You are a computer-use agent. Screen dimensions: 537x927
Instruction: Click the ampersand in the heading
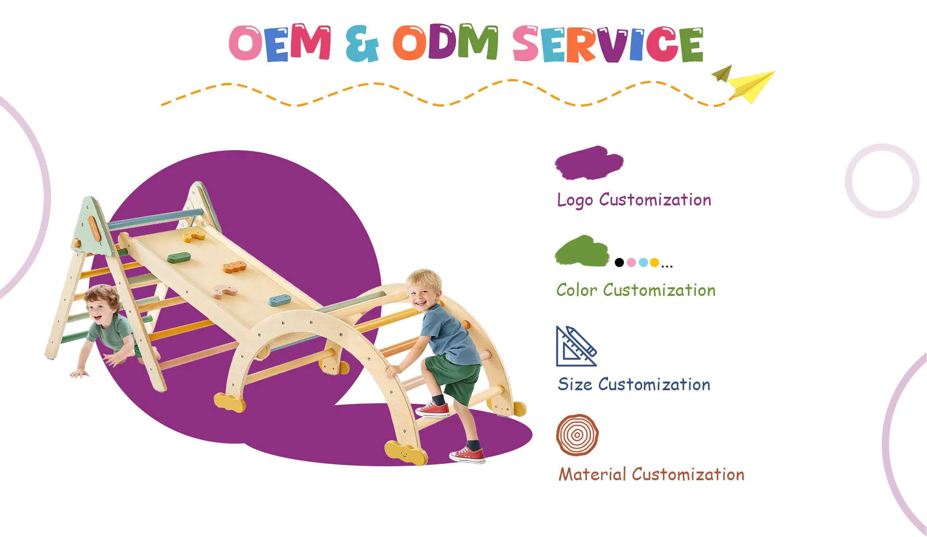click(362, 44)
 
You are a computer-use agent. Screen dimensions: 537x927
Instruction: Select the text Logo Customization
click(634, 200)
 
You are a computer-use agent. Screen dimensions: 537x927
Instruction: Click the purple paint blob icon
click(589, 163)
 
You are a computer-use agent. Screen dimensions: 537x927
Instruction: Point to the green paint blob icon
click(582, 251)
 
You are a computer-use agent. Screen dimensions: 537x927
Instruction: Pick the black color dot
click(620, 262)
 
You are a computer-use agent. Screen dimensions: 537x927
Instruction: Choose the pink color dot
click(631, 262)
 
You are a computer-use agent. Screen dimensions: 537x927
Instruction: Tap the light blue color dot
click(643, 262)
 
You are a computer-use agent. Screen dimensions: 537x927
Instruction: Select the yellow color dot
click(654, 262)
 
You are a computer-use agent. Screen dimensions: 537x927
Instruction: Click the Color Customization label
click(636, 290)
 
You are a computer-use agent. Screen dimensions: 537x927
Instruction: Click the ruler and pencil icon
click(576, 346)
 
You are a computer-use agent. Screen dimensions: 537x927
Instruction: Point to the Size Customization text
click(634, 384)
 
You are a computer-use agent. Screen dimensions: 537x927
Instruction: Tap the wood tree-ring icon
click(577, 435)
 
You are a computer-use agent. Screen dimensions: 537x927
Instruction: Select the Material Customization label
click(651, 474)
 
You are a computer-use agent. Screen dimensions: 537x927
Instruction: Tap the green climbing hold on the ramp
click(179, 257)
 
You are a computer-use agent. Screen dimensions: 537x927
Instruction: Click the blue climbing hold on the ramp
click(279, 301)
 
